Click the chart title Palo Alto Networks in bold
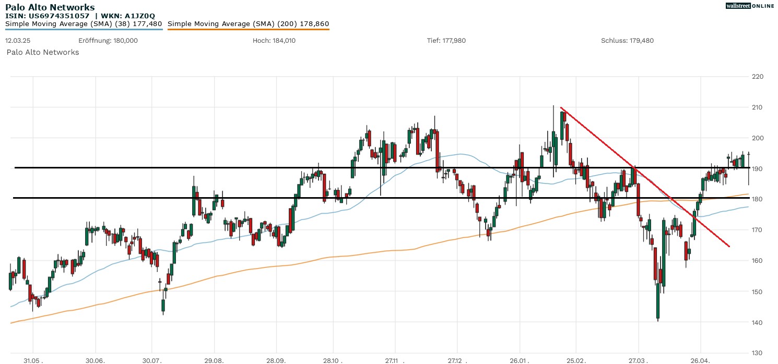click(50, 7)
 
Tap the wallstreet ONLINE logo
click(750, 6)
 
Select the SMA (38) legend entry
click(84, 23)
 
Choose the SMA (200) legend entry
click(248, 23)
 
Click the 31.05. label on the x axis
click(33, 359)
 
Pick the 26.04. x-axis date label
click(700, 359)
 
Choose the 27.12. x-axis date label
click(457, 359)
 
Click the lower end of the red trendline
click(729, 246)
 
